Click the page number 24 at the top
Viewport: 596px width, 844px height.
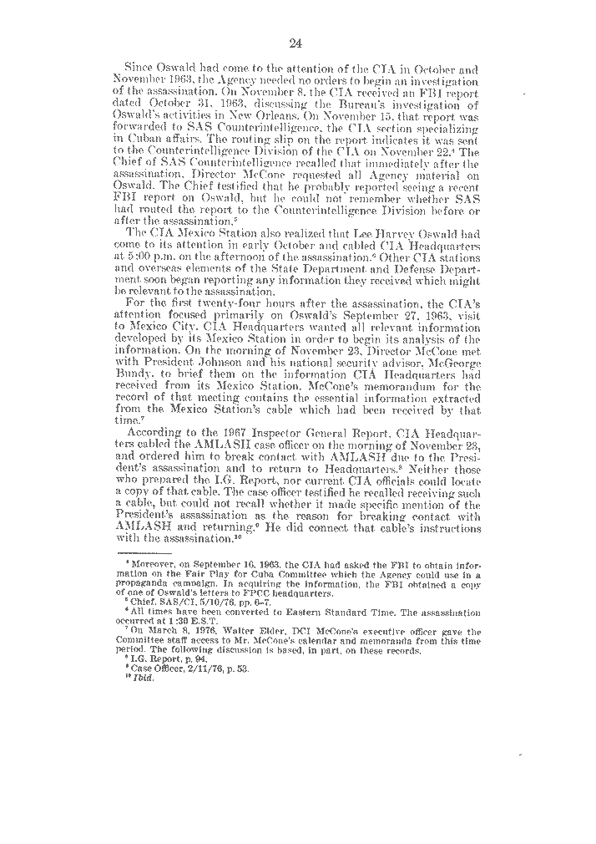tap(296, 43)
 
